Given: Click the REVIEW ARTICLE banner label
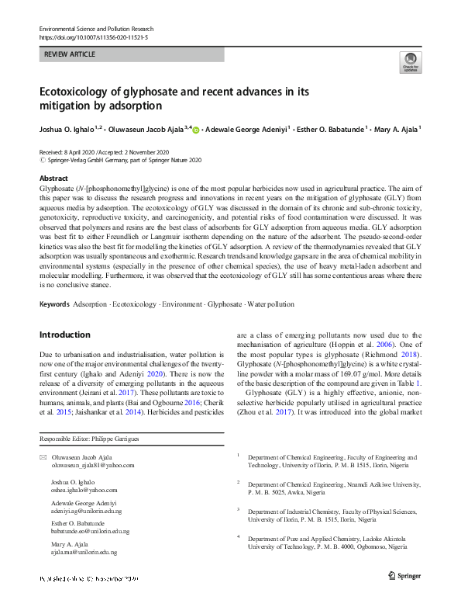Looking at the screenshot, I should [x=71, y=55].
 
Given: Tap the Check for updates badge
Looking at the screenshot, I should [x=410, y=64].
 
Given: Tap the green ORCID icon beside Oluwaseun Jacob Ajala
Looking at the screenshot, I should [x=195, y=130].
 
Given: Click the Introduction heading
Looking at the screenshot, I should [x=65, y=335].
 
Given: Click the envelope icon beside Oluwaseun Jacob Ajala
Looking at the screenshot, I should [x=43, y=457].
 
